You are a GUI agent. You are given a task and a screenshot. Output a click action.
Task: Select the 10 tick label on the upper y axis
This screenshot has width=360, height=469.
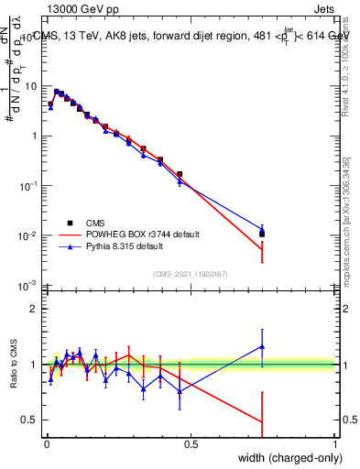[x=31, y=85]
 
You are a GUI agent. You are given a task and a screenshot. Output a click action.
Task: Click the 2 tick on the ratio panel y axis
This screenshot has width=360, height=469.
[x=35, y=309]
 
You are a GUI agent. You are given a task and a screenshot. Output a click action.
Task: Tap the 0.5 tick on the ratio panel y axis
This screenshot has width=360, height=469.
[x=31, y=420]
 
